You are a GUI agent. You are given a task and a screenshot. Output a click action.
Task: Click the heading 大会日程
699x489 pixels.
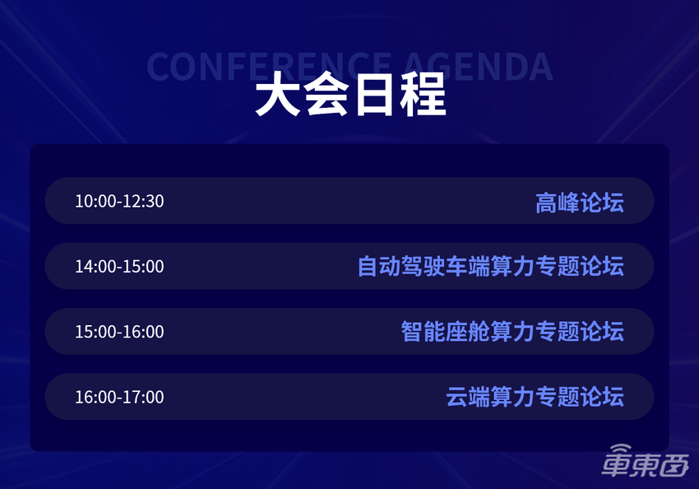[x=349, y=96]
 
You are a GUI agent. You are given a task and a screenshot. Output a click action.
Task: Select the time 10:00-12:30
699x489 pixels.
[x=119, y=201]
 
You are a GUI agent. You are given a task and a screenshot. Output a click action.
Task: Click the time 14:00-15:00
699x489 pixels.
[x=119, y=267]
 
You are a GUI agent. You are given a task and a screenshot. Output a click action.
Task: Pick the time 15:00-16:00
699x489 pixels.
[x=119, y=332]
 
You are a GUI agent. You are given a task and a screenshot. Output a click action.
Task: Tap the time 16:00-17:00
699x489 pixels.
[x=119, y=397]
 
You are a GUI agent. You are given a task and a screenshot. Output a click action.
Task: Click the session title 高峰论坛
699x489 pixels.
[x=579, y=202]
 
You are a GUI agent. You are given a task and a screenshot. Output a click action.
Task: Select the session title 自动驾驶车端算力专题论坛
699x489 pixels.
[x=490, y=267]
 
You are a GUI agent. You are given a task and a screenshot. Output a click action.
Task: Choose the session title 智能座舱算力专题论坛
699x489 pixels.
[x=512, y=332]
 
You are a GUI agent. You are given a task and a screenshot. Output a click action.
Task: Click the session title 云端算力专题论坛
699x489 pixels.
[x=535, y=397]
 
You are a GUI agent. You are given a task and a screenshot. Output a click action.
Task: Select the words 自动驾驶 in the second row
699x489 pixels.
[x=401, y=267]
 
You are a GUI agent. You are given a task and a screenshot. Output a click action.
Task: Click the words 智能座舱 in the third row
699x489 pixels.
[x=446, y=332]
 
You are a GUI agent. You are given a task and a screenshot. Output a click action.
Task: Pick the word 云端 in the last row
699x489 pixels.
[x=468, y=397]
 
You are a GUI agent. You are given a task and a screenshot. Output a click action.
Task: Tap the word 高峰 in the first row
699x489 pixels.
[x=557, y=202]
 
